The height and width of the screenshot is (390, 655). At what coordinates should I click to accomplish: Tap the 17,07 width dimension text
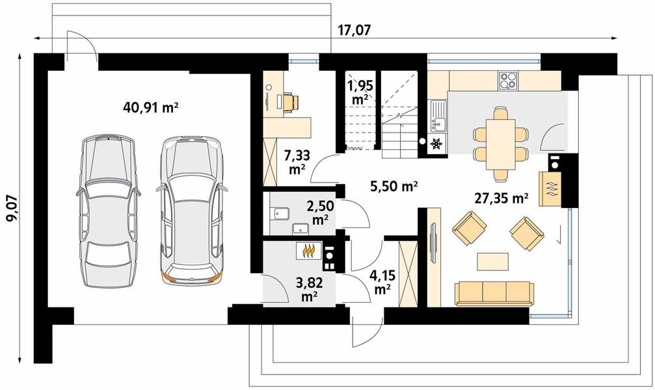pyautogui.click(x=354, y=30)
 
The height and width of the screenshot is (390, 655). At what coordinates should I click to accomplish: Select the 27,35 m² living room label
pyautogui.click(x=501, y=198)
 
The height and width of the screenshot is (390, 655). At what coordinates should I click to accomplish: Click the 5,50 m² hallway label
pyautogui.click(x=394, y=186)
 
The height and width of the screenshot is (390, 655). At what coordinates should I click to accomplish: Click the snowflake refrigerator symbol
pyautogui.click(x=436, y=143)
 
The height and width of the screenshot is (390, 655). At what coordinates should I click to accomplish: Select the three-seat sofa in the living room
pyautogui.click(x=494, y=293)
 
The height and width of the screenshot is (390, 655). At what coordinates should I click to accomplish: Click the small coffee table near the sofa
pyautogui.click(x=493, y=262)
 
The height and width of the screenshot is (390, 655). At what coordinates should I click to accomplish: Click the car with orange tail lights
pyautogui.click(x=192, y=210)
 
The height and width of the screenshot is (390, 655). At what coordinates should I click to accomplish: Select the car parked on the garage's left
pyautogui.click(x=108, y=211)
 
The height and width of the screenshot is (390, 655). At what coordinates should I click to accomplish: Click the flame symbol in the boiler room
pyautogui.click(x=309, y=251)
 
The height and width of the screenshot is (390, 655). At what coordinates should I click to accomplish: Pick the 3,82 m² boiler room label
pyautogui.click(x=309, y=289)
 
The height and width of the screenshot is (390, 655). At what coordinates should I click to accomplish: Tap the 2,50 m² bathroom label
pyautogui.click(x=320, y=212)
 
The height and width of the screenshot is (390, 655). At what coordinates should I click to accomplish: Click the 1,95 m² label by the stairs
pyautogui.click(x=360, y=92)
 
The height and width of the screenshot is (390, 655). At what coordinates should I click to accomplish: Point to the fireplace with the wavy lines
pyautogui.click(x=550, y=188)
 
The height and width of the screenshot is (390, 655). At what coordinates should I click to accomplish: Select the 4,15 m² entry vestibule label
pyautogui.click(x=382, y=282)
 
